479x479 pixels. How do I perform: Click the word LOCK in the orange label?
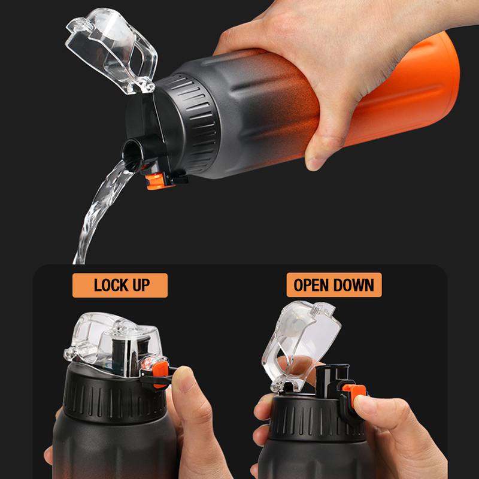click(111, 285)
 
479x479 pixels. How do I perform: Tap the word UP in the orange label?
click(141, 285)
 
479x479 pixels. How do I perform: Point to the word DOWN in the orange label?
click(353, 285)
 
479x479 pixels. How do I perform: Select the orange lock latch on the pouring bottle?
click(156, 181)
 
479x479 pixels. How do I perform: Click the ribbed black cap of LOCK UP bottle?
click(114, 397)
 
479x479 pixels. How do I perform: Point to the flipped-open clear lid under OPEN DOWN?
click(301, 345)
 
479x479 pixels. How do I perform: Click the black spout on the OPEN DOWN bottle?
click(332, 380)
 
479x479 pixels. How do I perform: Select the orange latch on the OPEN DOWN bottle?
click(355, 393)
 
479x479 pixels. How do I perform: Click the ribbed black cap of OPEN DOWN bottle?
click(317, 419)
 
